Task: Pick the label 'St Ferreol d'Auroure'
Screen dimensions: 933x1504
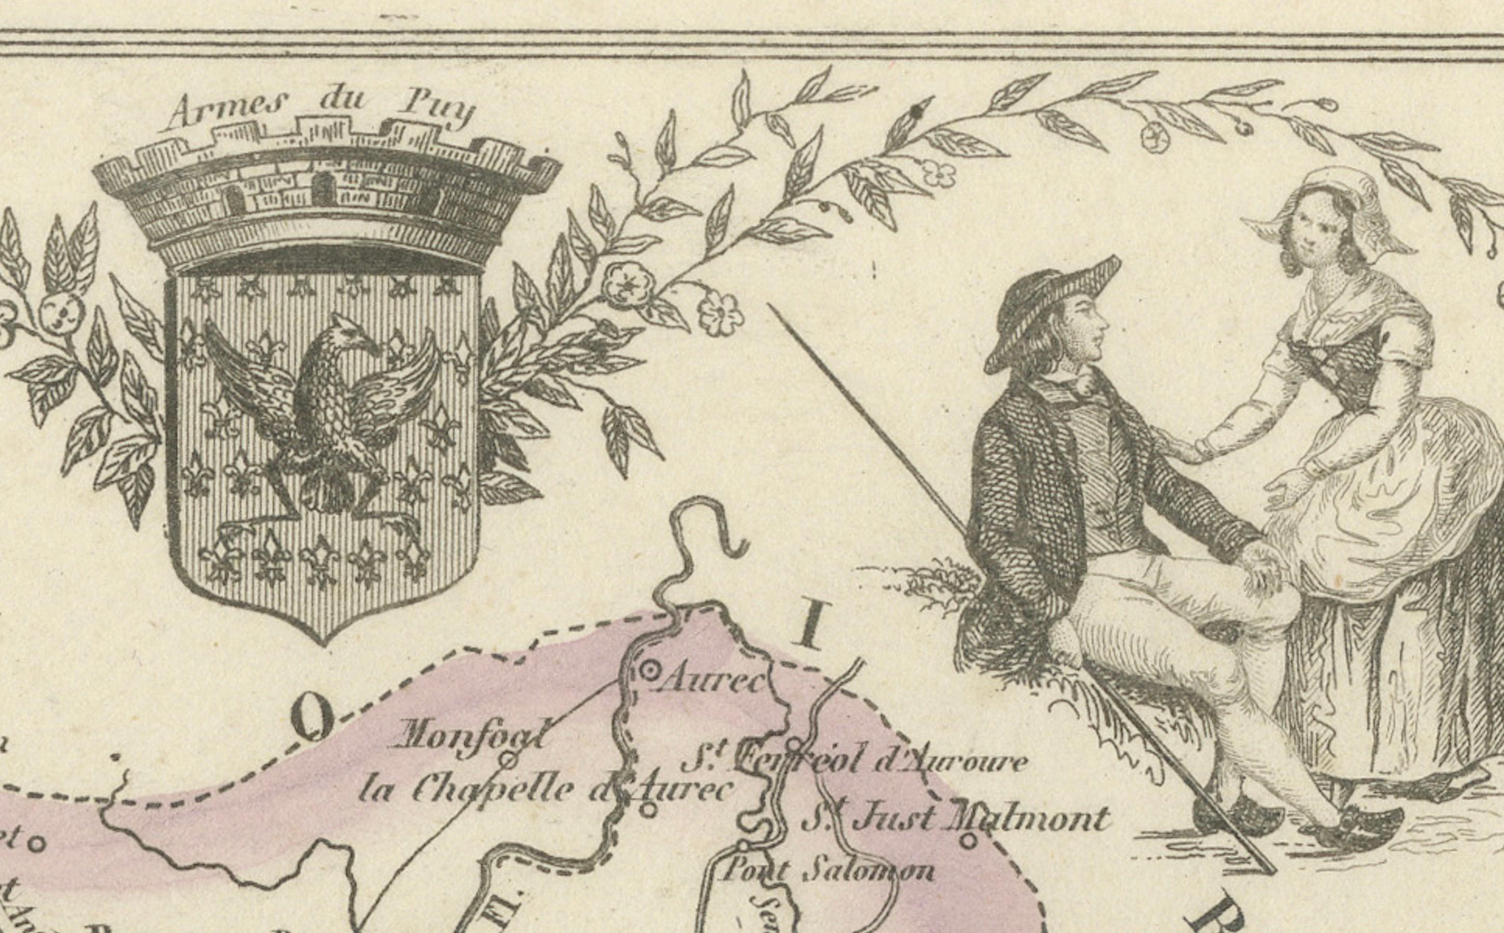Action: (x=855, y=762)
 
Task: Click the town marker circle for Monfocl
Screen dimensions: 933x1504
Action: (x=507, y=760)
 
